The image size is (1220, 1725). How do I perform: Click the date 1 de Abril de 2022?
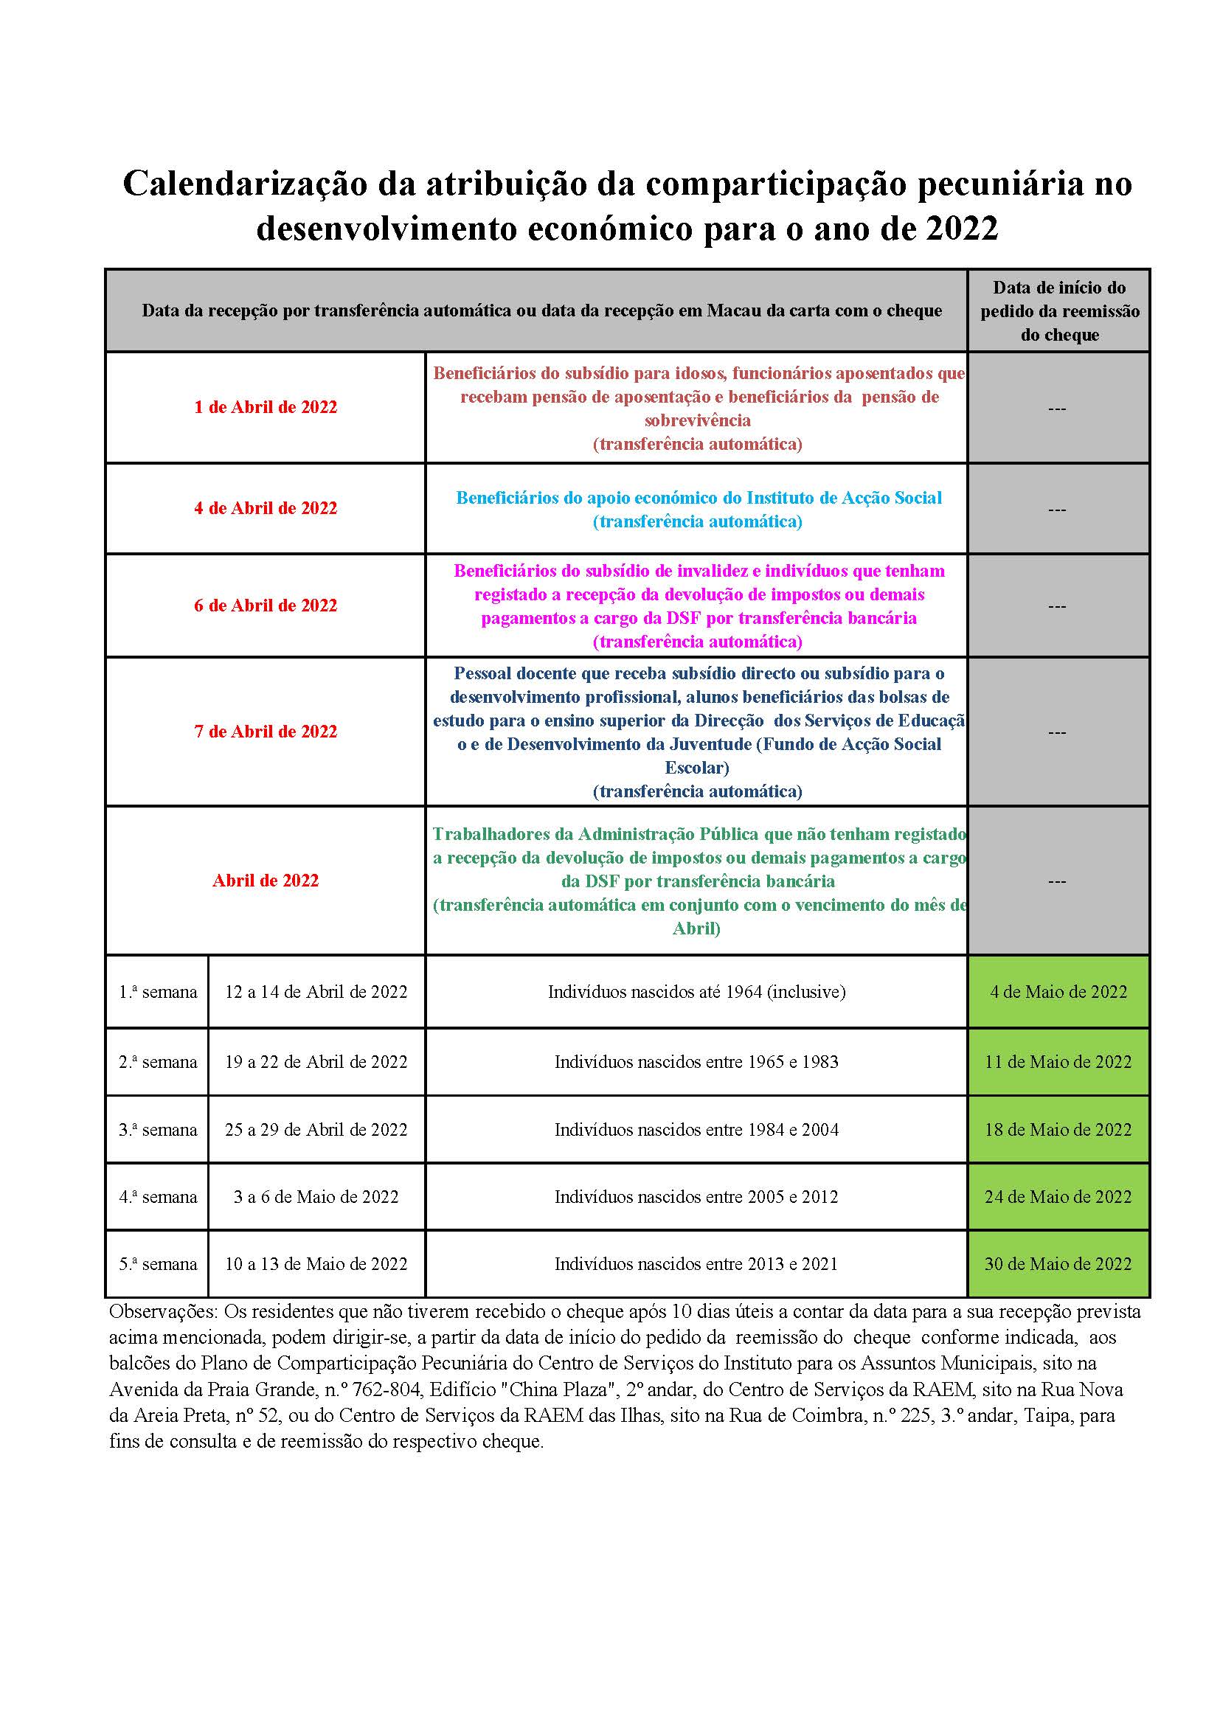pos(266,407)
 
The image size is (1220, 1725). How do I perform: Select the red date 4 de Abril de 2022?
pos(266,508)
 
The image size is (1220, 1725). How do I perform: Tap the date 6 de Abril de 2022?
pos(266,605)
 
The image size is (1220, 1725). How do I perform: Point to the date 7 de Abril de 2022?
pos(266,731)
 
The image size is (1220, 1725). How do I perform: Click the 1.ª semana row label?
pos(158,992)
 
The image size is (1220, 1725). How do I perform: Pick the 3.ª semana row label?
pos(158,1130)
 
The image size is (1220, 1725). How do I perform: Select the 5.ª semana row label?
pos(158,1264)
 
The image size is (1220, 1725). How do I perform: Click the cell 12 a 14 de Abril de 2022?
pos(316,992)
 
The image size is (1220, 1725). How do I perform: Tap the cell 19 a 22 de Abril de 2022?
pos(316,1061)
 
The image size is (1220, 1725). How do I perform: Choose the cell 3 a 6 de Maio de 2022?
pos(316,1197)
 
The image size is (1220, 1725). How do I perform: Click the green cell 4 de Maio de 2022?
pos(1058,992)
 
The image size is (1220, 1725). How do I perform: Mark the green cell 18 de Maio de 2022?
pos(1058,1130)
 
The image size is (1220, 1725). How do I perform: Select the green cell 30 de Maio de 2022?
pos(1058,1264)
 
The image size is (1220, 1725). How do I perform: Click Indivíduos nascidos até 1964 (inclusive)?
pos(696,992)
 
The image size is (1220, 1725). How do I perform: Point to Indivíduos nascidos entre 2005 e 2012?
pos(696,1197)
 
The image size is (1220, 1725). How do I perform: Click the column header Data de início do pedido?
pos(1059,311)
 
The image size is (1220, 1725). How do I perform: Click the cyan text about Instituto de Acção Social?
pos(699,498)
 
